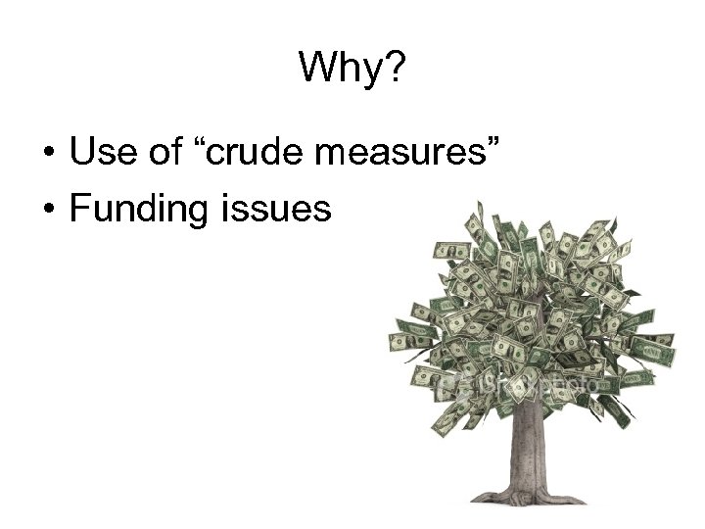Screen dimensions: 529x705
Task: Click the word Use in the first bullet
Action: coord(98,153)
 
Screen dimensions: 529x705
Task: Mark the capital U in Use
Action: coord(80,153)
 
